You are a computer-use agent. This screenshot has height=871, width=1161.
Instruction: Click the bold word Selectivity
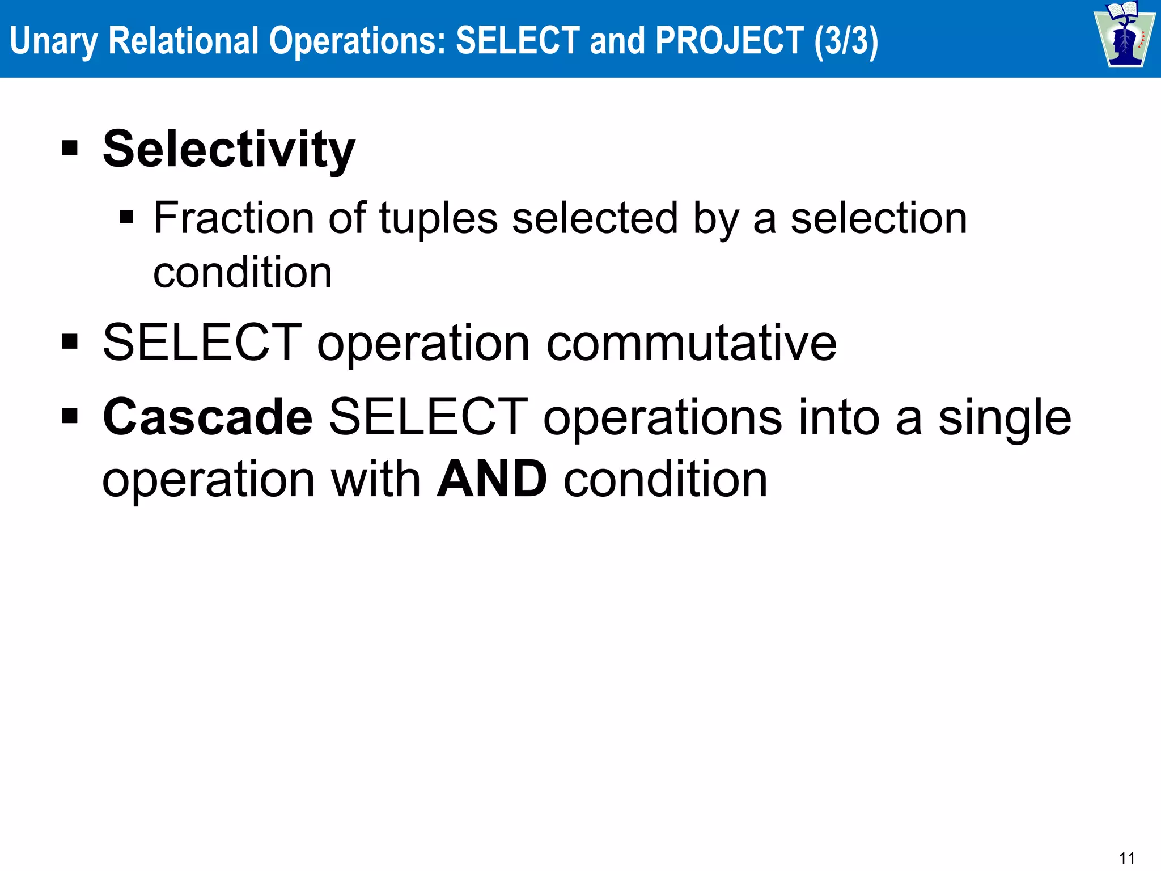click(229, 149)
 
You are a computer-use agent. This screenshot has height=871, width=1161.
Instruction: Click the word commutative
click(691, 343)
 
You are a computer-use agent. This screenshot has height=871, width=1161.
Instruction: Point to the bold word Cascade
click(207, 417)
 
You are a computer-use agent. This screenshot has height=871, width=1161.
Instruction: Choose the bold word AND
click(491, 479)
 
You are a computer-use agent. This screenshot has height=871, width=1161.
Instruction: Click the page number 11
click(1127, 858)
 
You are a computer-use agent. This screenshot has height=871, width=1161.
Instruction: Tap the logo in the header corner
click(1124, 35)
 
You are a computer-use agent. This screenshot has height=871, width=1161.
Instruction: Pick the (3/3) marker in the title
click(846, 41)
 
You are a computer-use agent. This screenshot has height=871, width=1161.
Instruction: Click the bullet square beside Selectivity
click(70, 149)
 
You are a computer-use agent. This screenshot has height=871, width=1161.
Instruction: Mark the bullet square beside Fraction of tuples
click(126, 217)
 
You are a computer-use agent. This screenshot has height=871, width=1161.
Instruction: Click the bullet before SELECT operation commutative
click(70, 342)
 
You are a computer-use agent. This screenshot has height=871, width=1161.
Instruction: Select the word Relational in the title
click(183, 41)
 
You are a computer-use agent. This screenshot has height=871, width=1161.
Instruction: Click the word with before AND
click(375, 480)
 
